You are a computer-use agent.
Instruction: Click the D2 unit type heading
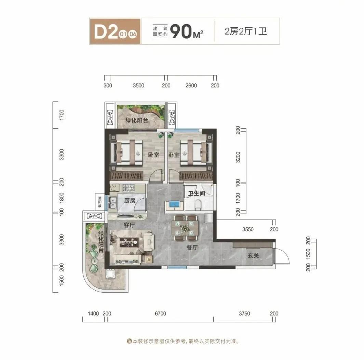[104, 31]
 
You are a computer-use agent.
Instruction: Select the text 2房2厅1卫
[245, 32]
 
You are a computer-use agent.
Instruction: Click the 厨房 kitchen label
[130, 201]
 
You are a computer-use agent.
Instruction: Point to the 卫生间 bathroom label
[197, 193]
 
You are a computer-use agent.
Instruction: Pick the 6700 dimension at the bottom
[160, 314]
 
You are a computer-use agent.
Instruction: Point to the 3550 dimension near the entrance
[248, 229]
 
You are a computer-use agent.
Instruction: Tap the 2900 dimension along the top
[190, 85]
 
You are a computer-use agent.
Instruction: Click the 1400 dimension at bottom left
[93, 314]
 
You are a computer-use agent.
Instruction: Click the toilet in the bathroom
[198, 204]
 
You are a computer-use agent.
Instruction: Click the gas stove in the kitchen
[130, 187]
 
